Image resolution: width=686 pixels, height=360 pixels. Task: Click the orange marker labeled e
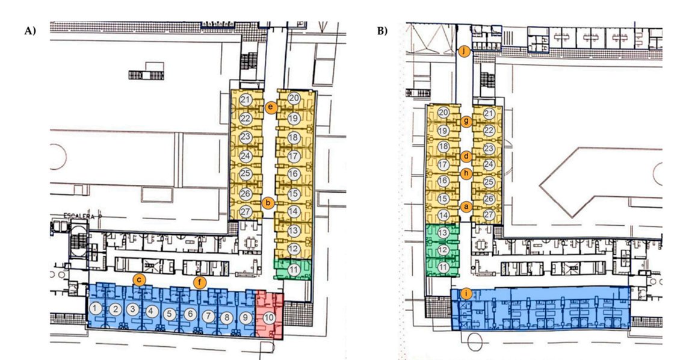tap(271, 107)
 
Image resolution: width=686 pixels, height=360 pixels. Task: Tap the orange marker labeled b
tap(268, 203)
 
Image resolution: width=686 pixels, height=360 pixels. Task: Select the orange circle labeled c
tap(139, 279)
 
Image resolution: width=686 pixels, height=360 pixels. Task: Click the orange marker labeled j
tap(463, 52)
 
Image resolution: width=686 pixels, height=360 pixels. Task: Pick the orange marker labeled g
tap(466, 121)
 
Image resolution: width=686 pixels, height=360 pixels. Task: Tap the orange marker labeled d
tap(466, 156)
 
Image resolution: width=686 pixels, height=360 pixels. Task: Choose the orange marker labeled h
tap(466, 173)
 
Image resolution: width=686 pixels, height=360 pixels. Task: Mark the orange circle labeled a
tap(465, 206)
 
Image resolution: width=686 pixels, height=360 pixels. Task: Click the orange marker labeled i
tap(466, 294)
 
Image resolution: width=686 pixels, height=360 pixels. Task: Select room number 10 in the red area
tap(270, 316)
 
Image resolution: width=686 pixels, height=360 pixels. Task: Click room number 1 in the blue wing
tap(95, 308)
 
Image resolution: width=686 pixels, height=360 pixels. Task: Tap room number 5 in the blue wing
tap(171, 313)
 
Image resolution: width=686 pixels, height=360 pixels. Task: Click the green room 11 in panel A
tap(293, 268)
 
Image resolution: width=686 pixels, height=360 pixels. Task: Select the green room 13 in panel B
tap(443, 233)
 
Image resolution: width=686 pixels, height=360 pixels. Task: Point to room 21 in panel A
tap(245, 99)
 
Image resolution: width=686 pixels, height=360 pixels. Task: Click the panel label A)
tap(29, 30)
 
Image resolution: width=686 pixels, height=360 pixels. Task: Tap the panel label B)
tap(382, 30)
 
